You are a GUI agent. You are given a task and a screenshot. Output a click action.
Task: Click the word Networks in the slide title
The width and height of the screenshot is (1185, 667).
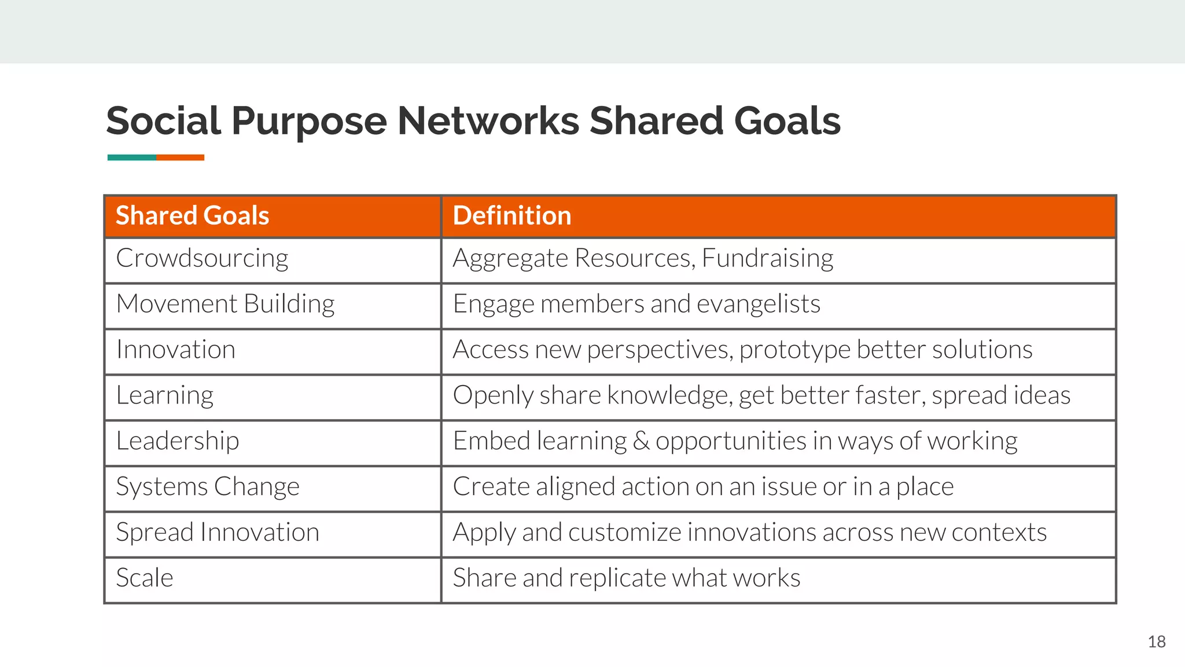click(x=488, y=121)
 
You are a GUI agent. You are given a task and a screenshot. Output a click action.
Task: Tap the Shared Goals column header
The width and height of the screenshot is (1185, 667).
click(x=192, y=215)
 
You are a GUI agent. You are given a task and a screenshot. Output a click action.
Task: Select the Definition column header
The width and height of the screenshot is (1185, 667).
click(x=511, y=215)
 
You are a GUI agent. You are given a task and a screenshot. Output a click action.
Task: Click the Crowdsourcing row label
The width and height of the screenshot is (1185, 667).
click(x=202, y=258)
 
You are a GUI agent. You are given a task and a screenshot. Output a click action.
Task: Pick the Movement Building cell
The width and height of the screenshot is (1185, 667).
click(x=225, y=304)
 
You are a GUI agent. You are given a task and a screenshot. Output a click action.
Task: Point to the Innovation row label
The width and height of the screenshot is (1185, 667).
click(x=175, y=350)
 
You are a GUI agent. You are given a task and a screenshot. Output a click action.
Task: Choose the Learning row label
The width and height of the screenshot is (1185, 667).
click(x=165, y=395)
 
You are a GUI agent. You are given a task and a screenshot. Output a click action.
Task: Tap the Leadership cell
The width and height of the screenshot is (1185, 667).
click(x=177, y=441)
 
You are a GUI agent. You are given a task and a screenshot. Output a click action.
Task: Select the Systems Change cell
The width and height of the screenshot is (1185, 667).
click(x=207, y=487)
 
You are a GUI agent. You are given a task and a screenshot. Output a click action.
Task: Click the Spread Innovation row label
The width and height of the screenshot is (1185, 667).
click(x=217, y=533)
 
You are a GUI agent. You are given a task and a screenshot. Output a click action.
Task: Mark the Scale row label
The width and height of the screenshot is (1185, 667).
click(x=145, y=578)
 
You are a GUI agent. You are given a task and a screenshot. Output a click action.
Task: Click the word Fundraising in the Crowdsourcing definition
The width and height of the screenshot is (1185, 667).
click(x=767, y=258)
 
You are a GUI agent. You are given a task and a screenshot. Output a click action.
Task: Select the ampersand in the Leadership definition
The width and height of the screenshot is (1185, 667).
click(x=641, y=441)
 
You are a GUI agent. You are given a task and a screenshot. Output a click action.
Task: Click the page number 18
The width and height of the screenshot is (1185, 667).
click(x=1156, y=642)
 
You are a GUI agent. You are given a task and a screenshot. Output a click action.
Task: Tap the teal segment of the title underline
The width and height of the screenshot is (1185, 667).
click(x=131, y=157)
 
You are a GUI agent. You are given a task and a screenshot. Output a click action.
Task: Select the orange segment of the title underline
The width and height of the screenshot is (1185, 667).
click(x=180, y=157)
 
